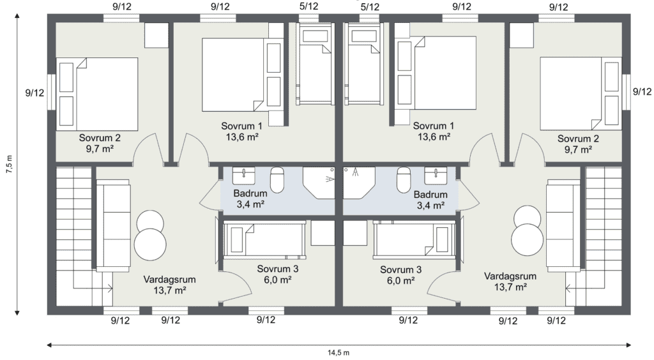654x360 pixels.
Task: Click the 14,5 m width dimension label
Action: click(x=338, y=353)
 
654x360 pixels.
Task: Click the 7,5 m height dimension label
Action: click(x=10, y=164)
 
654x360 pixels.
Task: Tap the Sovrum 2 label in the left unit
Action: click(x=100, y=138)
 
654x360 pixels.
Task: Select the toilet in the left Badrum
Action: click(x=277, y=179)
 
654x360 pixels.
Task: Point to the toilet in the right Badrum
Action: click(x=404, y=179)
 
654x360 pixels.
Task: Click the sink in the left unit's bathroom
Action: click(x=243, y=176)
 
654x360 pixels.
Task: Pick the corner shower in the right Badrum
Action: click(x=359, y=183)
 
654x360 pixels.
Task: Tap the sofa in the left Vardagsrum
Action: click(x=113, y=225)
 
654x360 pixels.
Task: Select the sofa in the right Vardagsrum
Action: click(x=563, y=225)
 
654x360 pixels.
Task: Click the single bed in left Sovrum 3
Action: click(x=264, y=239)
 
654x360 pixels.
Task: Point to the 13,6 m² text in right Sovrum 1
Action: click(x=434, y=137)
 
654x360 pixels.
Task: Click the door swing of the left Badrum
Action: click(x=211, y=195)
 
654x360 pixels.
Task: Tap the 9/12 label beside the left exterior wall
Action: click(x=34, y=93)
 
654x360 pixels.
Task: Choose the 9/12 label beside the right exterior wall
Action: click(x=642, y=92)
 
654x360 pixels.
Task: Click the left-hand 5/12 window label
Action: click(x=308, y=6)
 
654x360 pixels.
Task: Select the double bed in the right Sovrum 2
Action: click(x=580, y=93)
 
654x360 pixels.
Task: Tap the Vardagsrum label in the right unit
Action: click(x=510, y=276)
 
